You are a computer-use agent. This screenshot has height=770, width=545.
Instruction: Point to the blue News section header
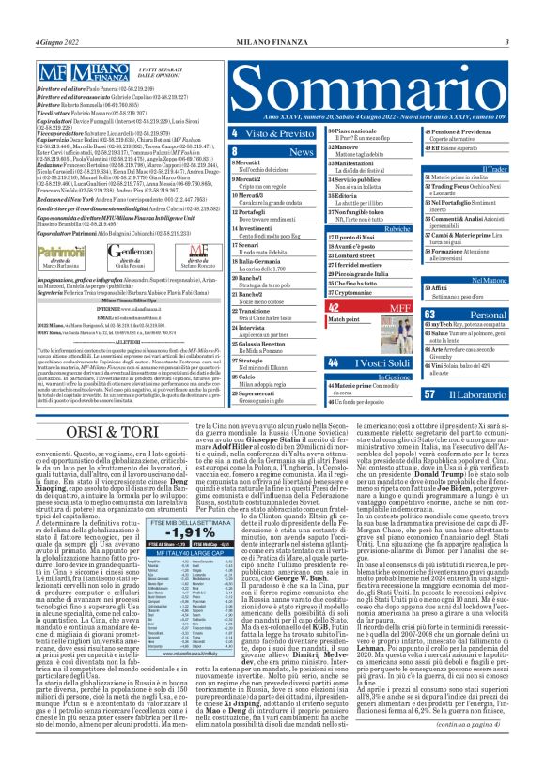(x=266, y=149)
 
